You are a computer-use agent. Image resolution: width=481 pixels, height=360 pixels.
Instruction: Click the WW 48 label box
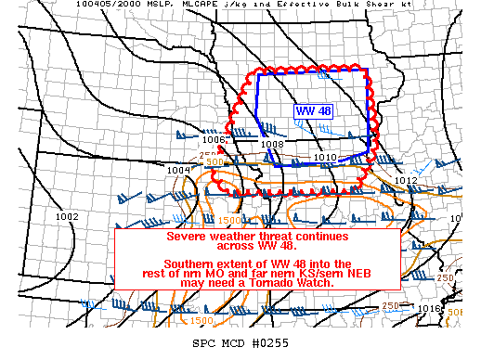tap(314, 111)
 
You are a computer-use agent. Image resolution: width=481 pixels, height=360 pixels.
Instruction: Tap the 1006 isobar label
tap(214, 140)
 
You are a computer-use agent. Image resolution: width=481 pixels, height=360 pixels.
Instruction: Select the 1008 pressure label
tap(272, 145)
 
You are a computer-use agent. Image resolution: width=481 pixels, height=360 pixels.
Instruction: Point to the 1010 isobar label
tap(325, 158)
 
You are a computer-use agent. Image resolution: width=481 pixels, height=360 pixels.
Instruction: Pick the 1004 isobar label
tap(178, 171)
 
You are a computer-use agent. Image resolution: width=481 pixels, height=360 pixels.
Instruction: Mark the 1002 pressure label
tap(67, 216)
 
